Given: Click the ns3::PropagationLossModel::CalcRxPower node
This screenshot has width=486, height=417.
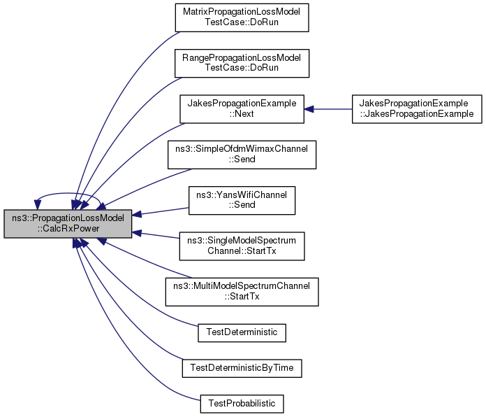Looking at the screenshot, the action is pos(68,224).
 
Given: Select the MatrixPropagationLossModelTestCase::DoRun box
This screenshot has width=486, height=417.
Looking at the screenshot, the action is pos(242,17).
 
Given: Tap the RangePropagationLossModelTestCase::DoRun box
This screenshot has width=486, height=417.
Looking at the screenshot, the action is pos(242,63).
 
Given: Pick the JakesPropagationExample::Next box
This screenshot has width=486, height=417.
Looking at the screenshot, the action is pos(242,109).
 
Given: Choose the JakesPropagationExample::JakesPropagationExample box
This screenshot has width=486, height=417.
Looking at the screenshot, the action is pos(417,109).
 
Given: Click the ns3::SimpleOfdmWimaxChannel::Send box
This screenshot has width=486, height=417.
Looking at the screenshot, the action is pos(242,155).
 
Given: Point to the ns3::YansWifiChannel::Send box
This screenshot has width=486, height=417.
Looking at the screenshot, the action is pos(242,200).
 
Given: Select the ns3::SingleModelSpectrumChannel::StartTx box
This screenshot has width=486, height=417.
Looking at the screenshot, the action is pos(242,246).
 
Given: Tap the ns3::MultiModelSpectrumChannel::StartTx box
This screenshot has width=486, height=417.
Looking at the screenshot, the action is pos(242,292).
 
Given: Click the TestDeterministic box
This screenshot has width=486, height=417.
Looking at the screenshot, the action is pos(242,333).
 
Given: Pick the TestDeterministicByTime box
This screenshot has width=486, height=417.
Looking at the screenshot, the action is pos(242,368).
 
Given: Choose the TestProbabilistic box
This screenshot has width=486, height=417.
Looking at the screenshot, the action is pos(242,404).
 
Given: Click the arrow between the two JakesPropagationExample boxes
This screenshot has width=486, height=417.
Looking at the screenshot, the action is pos(328,109).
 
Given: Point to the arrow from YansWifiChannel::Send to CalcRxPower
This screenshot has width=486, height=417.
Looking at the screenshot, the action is pos(161,211).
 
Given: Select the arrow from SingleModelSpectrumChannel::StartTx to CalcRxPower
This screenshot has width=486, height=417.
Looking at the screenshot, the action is pos(156,235).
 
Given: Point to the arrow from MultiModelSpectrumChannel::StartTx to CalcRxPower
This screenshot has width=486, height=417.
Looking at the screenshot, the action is pos(146,260).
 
